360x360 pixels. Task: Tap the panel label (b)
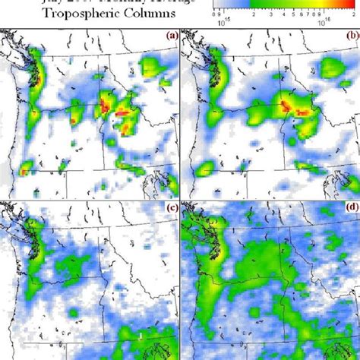click(x=350, y=36)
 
